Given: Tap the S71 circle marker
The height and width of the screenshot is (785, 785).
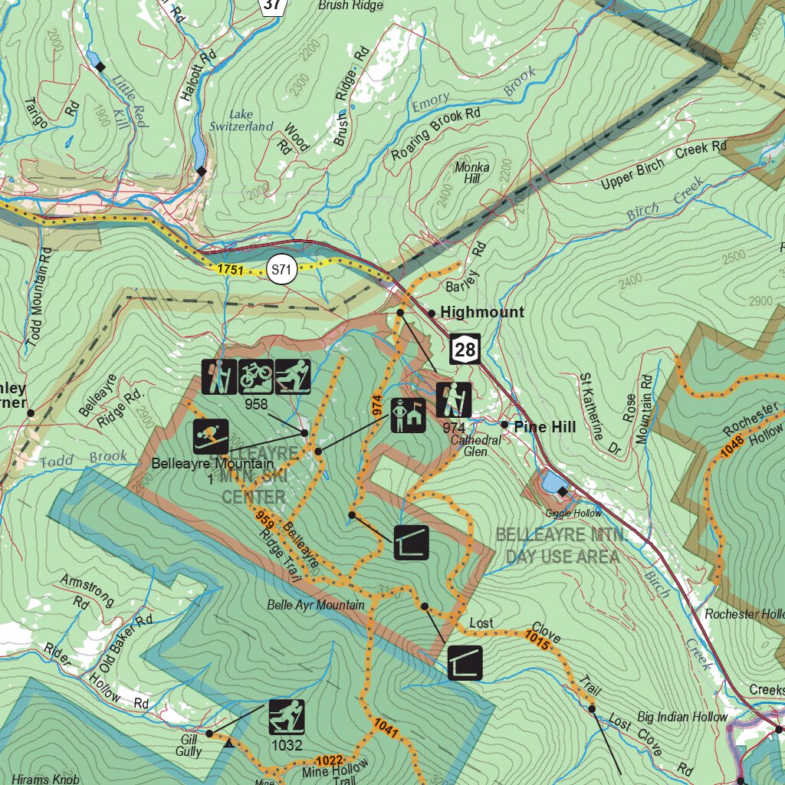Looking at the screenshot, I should [x=282, y=269].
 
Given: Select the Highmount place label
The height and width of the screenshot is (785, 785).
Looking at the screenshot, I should [x=482, y=312].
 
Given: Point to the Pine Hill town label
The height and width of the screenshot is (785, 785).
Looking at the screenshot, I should [x=544, y=426].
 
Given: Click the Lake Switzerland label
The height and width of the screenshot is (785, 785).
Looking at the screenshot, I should [x=241, y=120].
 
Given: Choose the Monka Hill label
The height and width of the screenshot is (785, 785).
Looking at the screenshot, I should [x=467, y=172].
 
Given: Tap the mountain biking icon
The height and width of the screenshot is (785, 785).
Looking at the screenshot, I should [x=257, y=376].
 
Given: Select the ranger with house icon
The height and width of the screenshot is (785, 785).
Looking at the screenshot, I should [x=408, y=415].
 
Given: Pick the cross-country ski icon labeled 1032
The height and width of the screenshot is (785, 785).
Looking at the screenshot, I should [x=287, y=718].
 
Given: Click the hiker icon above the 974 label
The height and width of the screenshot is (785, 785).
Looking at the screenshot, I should [x=453, y=399].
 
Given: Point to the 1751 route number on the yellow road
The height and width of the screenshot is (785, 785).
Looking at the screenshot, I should [x=230, y=269].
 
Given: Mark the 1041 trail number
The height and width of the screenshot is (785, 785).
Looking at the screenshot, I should [x=386, y=727].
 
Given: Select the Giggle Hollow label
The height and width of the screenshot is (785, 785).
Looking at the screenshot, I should [x=573, y=513].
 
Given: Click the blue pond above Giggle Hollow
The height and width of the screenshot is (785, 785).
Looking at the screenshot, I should [x=550, y=483].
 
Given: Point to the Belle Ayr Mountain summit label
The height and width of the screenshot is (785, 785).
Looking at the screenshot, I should [x=316, y=605].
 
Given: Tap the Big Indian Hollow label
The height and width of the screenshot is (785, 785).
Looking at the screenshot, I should [x=682, y=717].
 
